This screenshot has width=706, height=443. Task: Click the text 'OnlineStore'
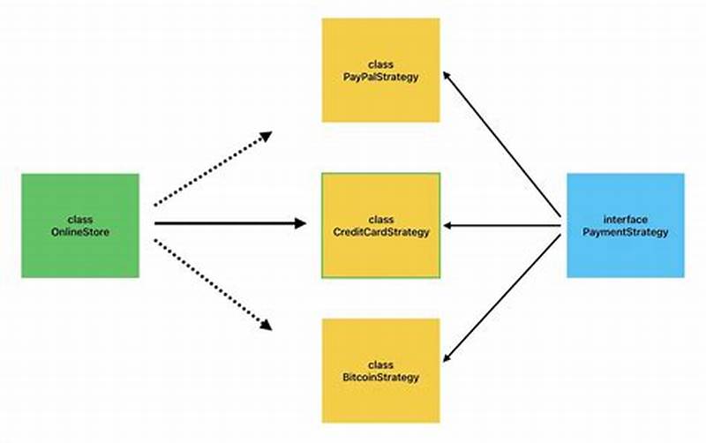(80, 232)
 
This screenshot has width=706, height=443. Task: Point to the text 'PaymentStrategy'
(625, 232)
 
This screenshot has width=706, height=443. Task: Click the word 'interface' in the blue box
(625, 220)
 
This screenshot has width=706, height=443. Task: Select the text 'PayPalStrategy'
(380, 78)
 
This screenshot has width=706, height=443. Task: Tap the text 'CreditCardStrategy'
(380, 232)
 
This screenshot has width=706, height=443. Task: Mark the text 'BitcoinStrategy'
(380, 378)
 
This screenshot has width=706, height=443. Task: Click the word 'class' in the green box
(80, 220)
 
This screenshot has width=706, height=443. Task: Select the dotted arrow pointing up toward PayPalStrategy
(212, 169)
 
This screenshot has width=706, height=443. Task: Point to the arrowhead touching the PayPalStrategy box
(447, 77)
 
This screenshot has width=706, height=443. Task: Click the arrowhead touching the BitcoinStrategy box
(447, 357)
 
